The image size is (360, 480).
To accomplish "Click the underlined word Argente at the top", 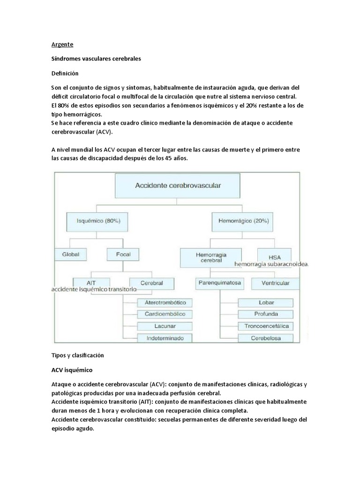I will click(x=62, y=45).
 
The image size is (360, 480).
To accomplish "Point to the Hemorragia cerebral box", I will click(x=211, y=256).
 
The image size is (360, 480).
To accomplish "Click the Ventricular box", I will click(x=270, y=283).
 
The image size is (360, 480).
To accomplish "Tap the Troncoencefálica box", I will click(x=266, y=326).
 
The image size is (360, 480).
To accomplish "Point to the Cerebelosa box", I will click(x=266, y=337).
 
